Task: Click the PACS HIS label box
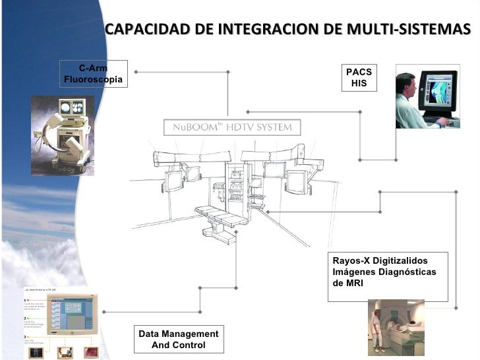(x=359, y=78)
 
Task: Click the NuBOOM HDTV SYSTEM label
(x=231, y=127)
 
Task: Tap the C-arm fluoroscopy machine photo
(x=63, y=135)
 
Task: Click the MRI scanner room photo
(x=396, y=327)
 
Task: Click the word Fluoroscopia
(x=93, y=79)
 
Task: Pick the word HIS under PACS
(x=359, y=84)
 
